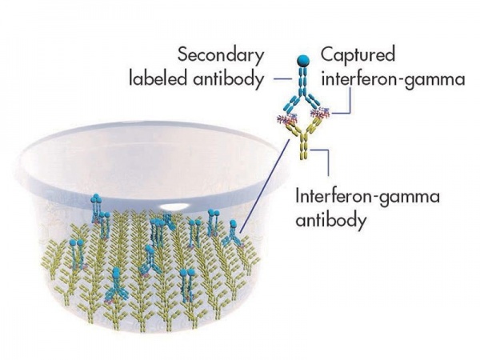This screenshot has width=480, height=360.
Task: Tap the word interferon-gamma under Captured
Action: pos(393,80)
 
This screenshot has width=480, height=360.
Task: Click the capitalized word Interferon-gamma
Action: pos(367,198)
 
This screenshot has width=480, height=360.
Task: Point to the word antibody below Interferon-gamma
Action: pos(330,219)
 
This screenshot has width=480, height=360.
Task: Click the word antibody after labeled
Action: pos(228,78)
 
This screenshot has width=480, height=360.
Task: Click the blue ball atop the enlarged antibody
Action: pos(303,60)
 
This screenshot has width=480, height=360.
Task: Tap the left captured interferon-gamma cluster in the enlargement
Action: pos(286,118)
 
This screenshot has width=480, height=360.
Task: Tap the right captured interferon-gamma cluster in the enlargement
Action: pos(320,113)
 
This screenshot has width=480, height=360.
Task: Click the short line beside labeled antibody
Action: pos(283,79)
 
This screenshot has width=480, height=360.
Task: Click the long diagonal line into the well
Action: pos(265,186)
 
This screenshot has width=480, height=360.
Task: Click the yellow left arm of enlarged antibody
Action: pos(294,129)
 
